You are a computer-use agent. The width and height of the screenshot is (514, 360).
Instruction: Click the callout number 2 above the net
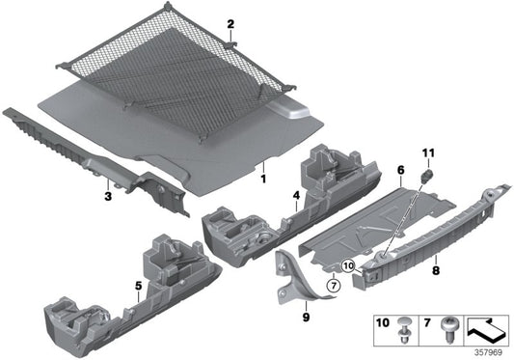point(230,22)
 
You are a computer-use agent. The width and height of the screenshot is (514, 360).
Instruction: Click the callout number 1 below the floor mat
point(262,178)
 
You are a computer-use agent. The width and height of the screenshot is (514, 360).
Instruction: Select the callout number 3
point(109,196)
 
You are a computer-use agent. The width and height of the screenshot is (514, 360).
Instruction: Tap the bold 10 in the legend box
point(381,320)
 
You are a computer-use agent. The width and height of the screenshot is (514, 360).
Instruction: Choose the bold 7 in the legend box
point(427,320)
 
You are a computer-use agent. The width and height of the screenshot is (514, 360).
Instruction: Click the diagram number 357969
point(489,352)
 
